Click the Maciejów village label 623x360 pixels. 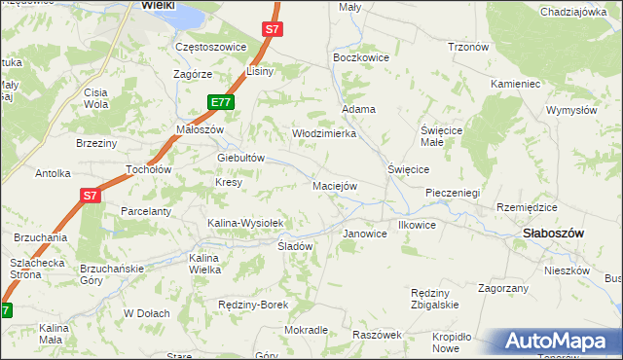point(336,185)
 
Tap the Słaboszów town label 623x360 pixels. point(553,234)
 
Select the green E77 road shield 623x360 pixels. point(221,101)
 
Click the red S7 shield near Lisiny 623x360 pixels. point(273,30)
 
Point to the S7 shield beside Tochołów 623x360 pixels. point(90,196)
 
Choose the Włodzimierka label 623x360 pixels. point(324,133)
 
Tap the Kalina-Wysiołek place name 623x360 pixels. point(244,223)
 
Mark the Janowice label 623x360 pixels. point(365,234)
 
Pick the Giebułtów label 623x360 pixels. point(241,158)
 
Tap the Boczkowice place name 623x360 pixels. point(361,57)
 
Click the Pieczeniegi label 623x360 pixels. point(453,193)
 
